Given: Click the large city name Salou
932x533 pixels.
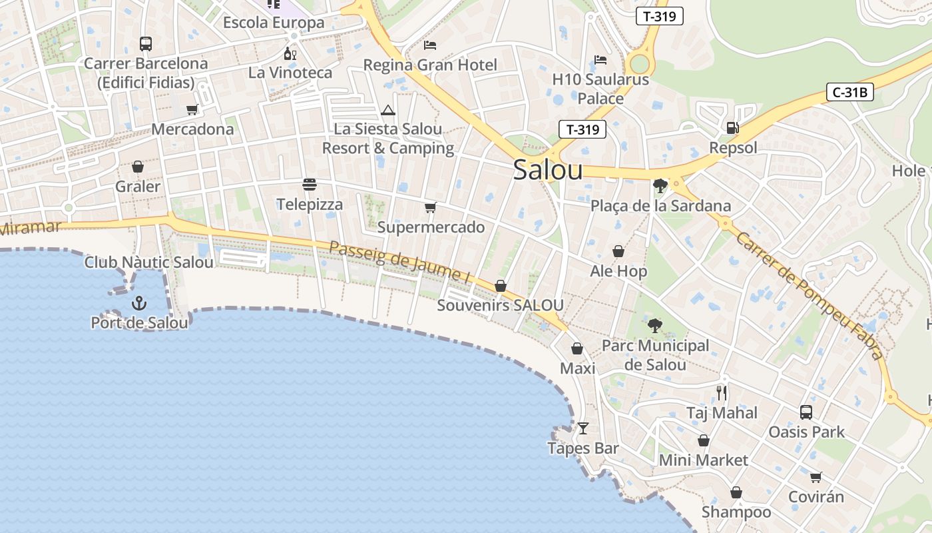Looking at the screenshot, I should coord(548,171).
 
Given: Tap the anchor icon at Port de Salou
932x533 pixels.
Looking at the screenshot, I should coord(138,303).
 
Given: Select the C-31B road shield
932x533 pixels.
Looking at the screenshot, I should coord(849,92).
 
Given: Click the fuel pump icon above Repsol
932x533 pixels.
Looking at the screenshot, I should coord(732,127).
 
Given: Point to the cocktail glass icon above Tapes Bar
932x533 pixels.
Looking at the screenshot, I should coord(583,428).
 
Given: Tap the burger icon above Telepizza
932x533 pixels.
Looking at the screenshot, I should coord(309,184).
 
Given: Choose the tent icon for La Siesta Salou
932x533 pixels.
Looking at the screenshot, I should coord(388,110).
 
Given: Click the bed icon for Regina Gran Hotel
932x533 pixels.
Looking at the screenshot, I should coord(430,45).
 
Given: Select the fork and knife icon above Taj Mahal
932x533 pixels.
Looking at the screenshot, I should coord(722,392).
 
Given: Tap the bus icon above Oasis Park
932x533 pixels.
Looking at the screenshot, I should coord(806,412).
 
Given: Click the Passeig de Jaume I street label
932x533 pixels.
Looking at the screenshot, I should coord(395,261).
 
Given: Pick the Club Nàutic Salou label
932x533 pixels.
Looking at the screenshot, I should coord(149,263).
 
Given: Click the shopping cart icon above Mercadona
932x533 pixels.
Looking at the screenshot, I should coord(192,109).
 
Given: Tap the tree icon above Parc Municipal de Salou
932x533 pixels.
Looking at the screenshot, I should coord(655,325).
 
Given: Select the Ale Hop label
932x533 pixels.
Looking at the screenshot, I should coord(618,271).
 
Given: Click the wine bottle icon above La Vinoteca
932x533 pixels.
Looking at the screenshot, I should coord(290,53).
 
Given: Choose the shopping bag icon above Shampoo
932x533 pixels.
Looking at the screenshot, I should coord(736,492).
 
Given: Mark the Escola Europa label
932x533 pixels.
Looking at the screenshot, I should coord(274,23).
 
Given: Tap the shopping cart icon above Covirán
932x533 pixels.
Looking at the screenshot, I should coord(815,477).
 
